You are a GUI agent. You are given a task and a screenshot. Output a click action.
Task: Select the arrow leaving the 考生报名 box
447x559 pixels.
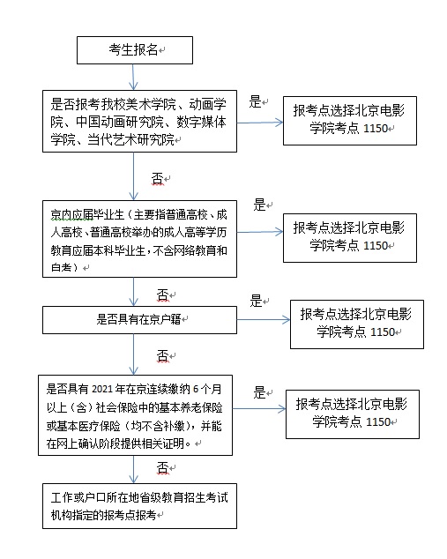(133, 77)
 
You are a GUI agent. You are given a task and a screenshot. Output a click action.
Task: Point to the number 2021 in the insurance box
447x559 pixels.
(102, 389)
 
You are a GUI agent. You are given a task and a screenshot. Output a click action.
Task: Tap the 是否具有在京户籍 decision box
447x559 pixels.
(139, 320)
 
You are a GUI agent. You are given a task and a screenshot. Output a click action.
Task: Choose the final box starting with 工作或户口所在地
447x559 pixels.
(139, 506)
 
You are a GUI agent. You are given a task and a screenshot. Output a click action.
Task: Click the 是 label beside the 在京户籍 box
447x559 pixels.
(256, 301)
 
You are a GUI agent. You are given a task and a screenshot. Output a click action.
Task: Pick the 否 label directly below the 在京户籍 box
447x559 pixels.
(162, 356)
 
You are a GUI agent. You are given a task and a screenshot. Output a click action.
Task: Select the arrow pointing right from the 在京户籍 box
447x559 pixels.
(264, 319)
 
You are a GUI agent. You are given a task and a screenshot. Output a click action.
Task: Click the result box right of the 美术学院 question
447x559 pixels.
(350, 121)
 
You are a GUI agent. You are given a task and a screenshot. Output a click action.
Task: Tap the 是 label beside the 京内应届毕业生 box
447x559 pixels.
(259, 205)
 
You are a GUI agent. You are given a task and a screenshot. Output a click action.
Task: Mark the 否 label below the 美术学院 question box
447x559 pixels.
(158, 179)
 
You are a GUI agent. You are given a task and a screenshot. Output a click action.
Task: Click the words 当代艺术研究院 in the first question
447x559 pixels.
(130, 139)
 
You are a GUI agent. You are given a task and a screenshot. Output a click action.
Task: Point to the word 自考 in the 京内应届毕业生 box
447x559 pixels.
(61, 267)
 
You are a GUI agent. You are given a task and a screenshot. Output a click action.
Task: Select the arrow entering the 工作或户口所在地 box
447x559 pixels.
(133, 469)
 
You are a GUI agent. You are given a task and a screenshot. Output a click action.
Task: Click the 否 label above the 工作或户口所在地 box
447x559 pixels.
(162, 467)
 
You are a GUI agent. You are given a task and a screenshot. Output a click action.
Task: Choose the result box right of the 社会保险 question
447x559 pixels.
(353, 414)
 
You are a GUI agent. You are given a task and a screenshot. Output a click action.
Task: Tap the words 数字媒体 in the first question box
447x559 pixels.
(201, 122)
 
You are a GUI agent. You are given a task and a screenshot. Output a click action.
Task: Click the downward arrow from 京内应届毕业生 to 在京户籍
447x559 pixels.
(133, 292)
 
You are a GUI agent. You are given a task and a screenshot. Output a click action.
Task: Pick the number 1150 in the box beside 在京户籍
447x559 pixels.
(383, 332)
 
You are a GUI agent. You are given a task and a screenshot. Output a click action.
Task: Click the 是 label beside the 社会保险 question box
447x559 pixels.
(259, 392)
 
